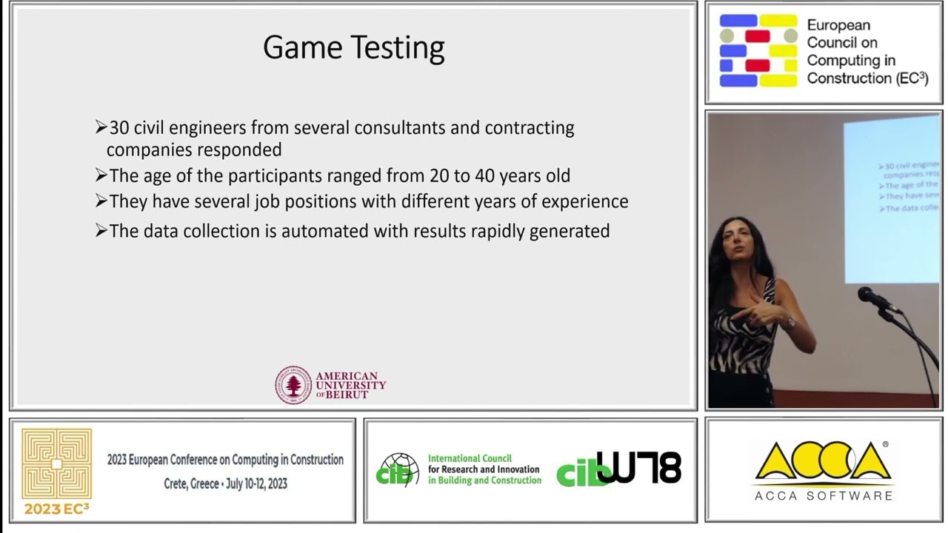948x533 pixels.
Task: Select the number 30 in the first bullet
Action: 119,128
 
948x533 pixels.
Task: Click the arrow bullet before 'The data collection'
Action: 101,231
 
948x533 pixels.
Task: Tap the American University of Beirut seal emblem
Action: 293,385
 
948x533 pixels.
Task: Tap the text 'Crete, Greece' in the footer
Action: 192,483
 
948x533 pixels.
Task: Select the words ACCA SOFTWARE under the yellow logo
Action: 823,495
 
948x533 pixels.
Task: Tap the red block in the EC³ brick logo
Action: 757,36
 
